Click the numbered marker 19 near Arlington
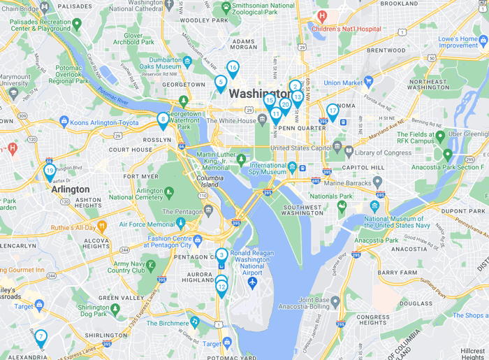pyautogui.click(x=50, y=171)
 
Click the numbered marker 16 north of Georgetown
pyautogui.click(x=233, y=68)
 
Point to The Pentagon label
pyautogui.click(x=184, y=211)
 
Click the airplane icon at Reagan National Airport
pyautogui.click(x=252, y=282)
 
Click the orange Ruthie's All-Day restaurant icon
pyautogui.click(x=102, y=226)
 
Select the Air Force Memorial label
pyautogui.click(x=147, y=224)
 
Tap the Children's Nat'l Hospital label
pyautogui.click(x=346, y=29)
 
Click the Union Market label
pyautogui.click(x=343, y=82)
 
